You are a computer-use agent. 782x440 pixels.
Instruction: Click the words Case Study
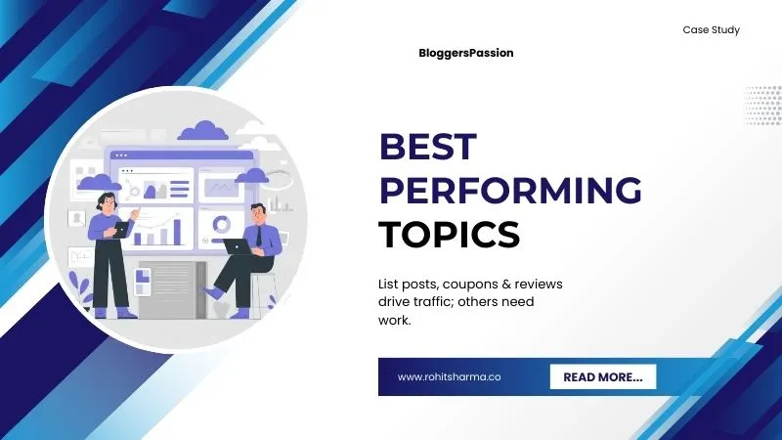tap(711, 30)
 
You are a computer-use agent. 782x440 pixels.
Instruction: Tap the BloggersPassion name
tap(464, 54)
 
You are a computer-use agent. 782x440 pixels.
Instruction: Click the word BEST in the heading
tap(427, 147)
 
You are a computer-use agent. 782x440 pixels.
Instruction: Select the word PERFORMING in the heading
tap(510, 190)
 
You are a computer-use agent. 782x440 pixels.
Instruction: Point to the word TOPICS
tap(449, 234)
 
